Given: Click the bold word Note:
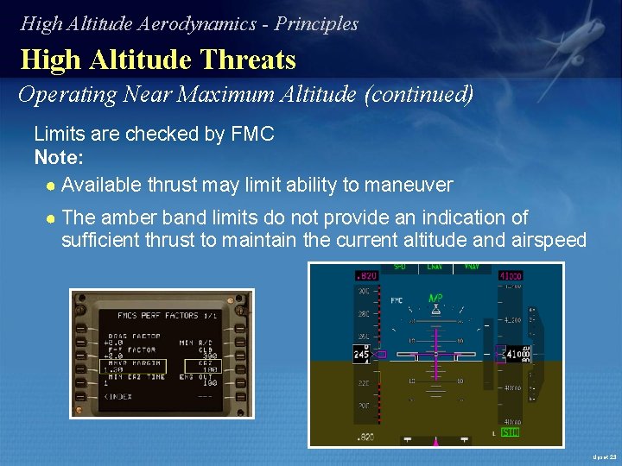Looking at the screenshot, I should pyautogui.click(x=59, y=158).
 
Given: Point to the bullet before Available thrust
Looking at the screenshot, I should pyautogui.click(x=52, y=186).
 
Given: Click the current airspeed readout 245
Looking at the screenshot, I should pyautogui.click(x=362, y=354).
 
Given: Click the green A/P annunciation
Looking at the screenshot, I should pyautogui.click(x=435, y=299).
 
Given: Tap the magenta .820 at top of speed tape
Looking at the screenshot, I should pyautogui.click(x=366, y=275).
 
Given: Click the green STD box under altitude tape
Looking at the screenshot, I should pyautogui.click(x=510, y=431).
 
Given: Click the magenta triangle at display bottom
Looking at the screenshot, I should pyautogui.click(x=435, y=441).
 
